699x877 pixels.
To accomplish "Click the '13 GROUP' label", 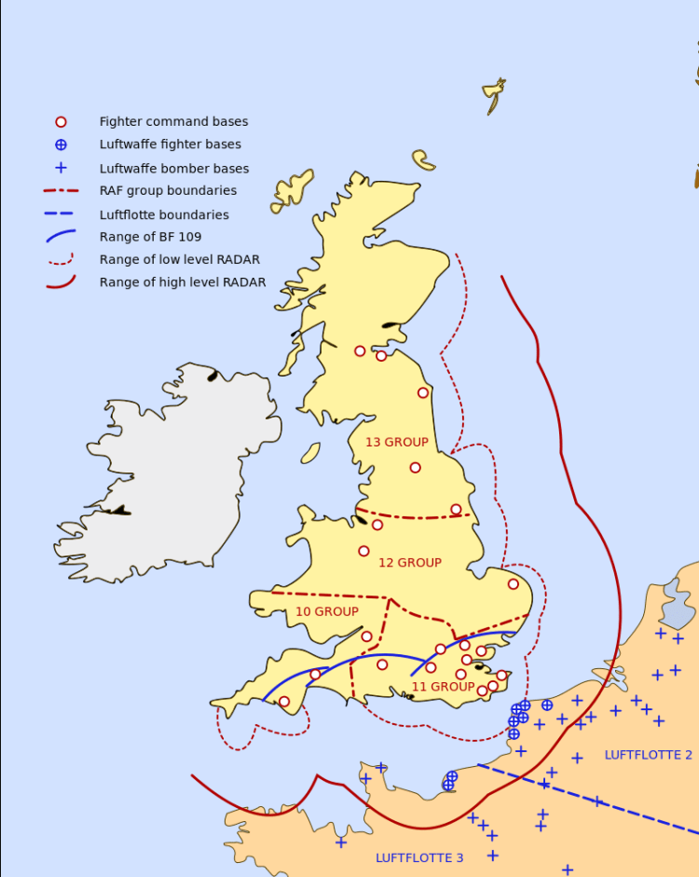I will tap(397, 443).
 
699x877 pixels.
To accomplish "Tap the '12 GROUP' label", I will tap(410, 563).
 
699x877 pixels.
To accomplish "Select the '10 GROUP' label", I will tap(327, 612).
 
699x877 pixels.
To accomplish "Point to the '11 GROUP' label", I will tap(444, 687).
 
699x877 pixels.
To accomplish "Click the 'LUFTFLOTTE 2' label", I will tap(649, 755).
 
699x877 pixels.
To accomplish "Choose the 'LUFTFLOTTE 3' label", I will tap(419, 857).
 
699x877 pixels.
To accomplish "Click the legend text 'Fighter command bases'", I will tap(173, 122).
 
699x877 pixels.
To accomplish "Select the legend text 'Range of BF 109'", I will tap(150, 237).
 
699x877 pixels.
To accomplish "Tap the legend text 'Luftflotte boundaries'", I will tap(164, 215).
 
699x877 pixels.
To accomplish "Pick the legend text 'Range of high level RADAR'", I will tap(183, 282).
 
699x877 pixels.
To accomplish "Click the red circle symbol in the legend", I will tap(61, 122).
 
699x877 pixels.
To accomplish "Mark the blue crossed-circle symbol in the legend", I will tap(61, 144).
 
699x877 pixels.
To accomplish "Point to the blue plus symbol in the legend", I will tap(61, 169).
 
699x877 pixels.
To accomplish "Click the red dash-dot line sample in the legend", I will tap(61, 191).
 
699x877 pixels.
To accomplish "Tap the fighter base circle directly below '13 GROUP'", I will tap(415, 468).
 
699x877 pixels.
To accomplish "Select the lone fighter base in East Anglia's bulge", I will tap(514, 584).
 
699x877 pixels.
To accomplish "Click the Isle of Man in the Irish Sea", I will tap(310, 454).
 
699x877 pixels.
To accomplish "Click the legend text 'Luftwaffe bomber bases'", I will tap(174, 169).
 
